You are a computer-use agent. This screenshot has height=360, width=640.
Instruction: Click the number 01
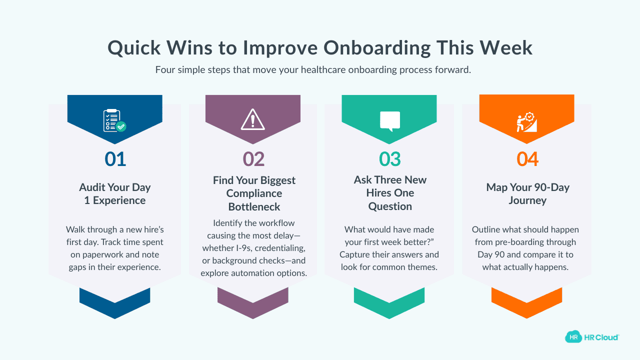pyautogui.click(x=115, y=159)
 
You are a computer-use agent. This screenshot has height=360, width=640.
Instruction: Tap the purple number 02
pyautogui.click(x=253, y=159)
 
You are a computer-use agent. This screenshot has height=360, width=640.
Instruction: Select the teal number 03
pyautogui.click(x=390, y=159)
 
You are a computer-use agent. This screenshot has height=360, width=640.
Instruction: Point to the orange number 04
pyautogui.click(x=527, y=159)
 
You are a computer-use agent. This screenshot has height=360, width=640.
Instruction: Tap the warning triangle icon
pyautogui.click(x=252, y=119)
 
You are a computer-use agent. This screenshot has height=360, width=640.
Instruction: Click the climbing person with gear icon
pyautogui.click(x=526, y=122)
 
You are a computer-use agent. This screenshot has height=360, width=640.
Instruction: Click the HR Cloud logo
pyautogui.click(x=592, y=337)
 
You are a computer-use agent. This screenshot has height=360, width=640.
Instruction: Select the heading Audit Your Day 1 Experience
pyautogui.click(x=115, y=194)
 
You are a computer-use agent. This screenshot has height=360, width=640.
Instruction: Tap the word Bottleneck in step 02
pyautogui.click(x=254, y=206)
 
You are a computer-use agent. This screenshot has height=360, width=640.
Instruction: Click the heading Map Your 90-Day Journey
pyautogui.click(x=527, y=194)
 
